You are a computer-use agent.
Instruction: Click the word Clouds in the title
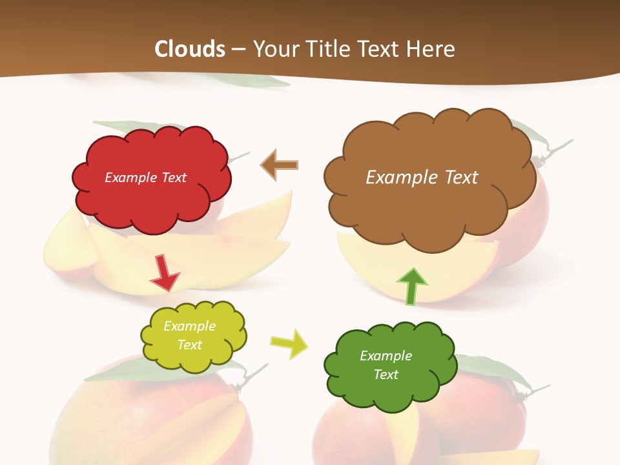tap(190, 49)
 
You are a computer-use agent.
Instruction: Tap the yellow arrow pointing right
tap(289, 344)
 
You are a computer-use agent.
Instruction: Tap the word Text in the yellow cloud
tap(190, 345)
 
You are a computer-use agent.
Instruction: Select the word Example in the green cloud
tap(386, 356)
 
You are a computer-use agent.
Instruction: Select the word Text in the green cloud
tap(386, 375)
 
